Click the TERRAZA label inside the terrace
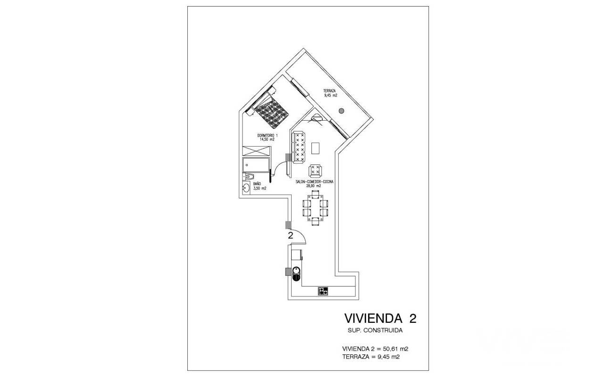(329, 91)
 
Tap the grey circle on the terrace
(341, 111)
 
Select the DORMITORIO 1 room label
(268, 135)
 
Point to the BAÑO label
(68, 184)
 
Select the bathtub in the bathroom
(256, 165)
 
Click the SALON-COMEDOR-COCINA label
(314, 182)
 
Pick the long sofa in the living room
(299, 147)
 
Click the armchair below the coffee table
(315, 171)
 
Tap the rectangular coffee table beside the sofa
(315, 148)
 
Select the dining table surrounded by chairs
(316, 208)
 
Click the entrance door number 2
(290, 236)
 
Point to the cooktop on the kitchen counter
(323, 291)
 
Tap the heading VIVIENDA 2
(380, 318)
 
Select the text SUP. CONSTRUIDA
(375, 330)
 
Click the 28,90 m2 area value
(313, 186)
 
